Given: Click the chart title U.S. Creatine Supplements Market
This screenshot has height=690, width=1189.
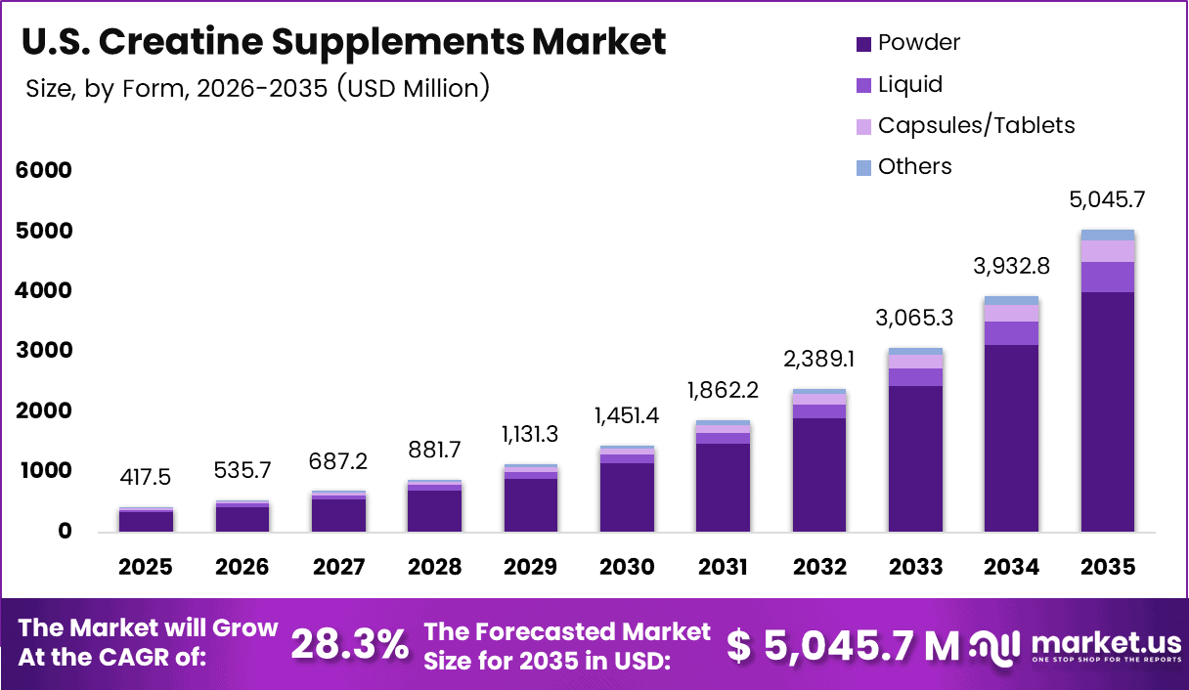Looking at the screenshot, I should point(343,42).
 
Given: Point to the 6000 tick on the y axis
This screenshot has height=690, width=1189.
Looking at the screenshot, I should point(43,170).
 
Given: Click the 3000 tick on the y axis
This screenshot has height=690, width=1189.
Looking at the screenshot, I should point(43,351).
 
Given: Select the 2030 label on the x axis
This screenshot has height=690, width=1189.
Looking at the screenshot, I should point(627,568).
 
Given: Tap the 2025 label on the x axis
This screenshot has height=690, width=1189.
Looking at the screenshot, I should point(146,568).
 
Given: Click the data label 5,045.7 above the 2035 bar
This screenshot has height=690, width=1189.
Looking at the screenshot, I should point(1107,200).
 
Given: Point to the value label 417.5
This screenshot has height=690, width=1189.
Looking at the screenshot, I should point(146,479).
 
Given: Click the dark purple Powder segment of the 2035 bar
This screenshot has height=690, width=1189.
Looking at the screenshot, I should point(1107,410).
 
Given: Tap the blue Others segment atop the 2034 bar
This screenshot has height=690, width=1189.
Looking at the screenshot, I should point(1011,300).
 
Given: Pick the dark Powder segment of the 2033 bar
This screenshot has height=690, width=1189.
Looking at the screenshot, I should point(915,457).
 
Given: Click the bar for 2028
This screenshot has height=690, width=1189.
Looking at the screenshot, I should point(434,508).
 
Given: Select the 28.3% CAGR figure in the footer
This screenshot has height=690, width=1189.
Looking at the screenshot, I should point(350,644).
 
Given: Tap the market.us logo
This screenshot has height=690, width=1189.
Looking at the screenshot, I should point(1076,645).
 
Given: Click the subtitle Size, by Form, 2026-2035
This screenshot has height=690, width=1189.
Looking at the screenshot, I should point(257,89).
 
